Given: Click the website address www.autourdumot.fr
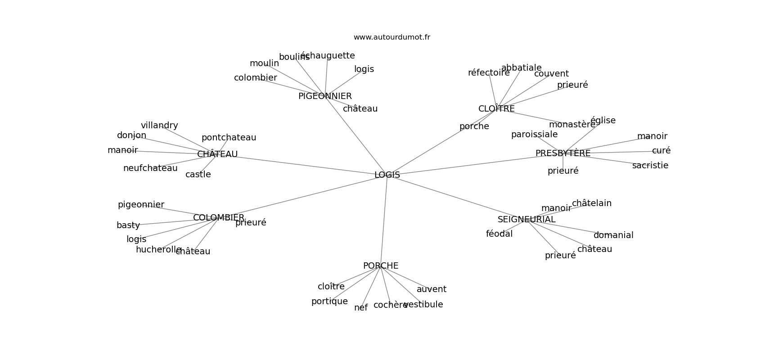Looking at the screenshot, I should tap(391, 37).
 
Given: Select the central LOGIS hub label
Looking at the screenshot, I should tap(387, 175).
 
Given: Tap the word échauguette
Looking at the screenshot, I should tap(328, 56).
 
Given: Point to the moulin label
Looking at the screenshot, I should tap(264, 63).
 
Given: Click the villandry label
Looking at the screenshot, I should tap(159, 126).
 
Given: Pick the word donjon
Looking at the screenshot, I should tap(131, 135).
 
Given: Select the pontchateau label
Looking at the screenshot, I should tap(229, 138).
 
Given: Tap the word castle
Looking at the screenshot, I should tap(198, 175).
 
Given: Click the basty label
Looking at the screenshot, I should tap(128, 225).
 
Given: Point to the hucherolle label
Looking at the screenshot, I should tap(158, 250).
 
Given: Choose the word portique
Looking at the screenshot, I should tap(329, 301).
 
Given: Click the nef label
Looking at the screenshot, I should tap(361, 308).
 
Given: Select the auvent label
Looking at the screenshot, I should tap(431, 289).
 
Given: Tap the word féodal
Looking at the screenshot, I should tap(499, 234).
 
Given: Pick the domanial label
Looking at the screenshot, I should tap(613, 235).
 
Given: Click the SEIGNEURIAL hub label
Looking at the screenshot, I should tap(526, 220).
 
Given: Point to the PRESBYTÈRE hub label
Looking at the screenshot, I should tap(562, 153).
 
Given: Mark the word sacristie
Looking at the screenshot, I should tap(650, 166).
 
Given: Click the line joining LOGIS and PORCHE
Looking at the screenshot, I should tap(384, 220).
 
